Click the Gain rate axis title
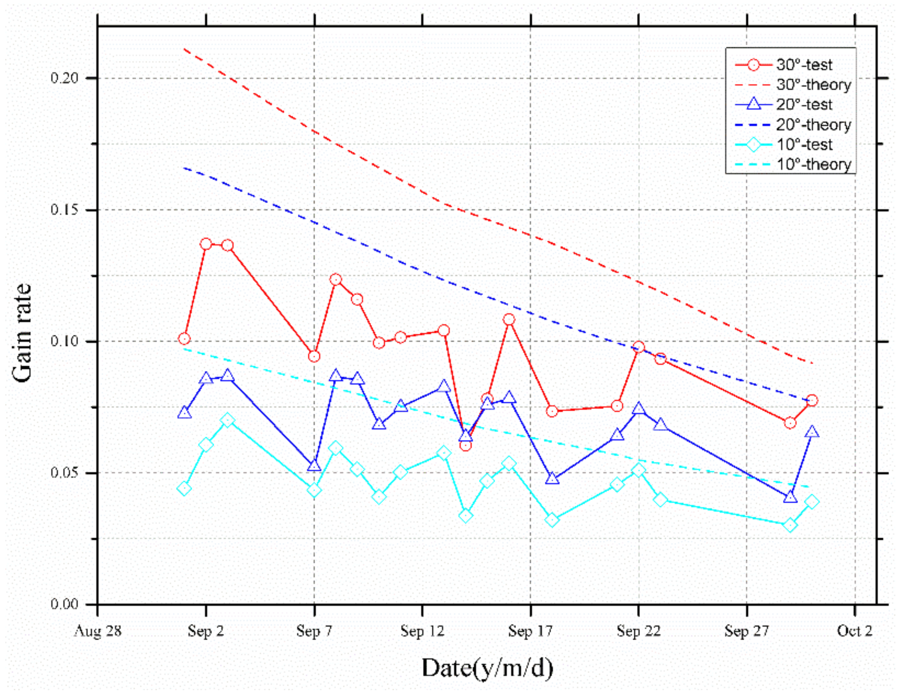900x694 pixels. coord(22,333)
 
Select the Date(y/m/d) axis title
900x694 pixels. coord(487,668)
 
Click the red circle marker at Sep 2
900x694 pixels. coord(206,244)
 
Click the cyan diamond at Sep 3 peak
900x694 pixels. coord(227,420)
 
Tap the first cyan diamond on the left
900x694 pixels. coord(184,488)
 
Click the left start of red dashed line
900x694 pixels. coord(184,49)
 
